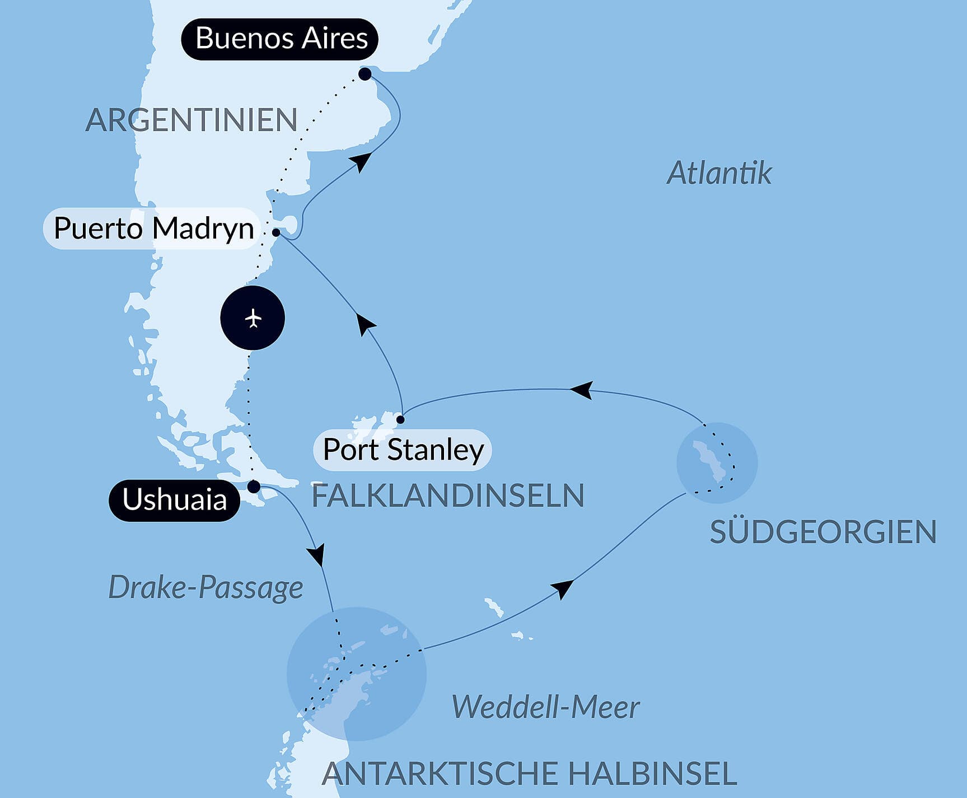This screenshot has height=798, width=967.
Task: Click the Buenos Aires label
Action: click(280, 39)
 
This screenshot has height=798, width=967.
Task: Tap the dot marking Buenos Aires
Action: click(365, 74)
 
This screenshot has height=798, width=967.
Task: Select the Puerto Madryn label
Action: click(153, 228)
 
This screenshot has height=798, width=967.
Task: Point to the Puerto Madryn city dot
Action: click(276, 232)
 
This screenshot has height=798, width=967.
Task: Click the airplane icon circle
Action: click(253, 318)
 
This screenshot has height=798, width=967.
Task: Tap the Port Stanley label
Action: click(403, 450)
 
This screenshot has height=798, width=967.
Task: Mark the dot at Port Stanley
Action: click(400, 419)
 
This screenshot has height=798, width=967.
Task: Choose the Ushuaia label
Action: click(174, 500)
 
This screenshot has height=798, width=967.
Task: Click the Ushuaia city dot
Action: click(254, 486)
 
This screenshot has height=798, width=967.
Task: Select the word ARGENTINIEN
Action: click(191, 120)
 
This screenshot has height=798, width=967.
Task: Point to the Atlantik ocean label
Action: click(719, 173)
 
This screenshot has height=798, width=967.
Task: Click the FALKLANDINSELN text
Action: click(448, 496)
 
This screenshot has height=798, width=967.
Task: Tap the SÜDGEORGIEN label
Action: click(823, 532)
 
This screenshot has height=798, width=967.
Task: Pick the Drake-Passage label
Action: click(205, 588)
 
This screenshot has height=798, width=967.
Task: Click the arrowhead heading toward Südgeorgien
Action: click(563, 589)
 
